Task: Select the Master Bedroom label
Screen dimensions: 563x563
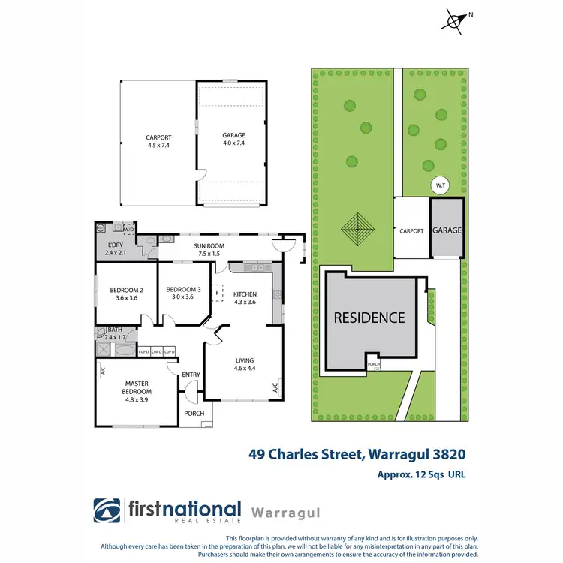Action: (137, 387)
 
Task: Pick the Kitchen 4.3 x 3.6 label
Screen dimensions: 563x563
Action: (245, 298)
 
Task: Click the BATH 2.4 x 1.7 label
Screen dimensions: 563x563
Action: (116, 333)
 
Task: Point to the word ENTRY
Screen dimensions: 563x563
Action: (191, 375)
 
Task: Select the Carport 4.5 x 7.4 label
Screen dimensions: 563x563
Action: (158, 141)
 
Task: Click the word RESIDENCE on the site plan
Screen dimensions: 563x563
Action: (369, 318)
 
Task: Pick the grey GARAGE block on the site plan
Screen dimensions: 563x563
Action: (446, 230)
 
